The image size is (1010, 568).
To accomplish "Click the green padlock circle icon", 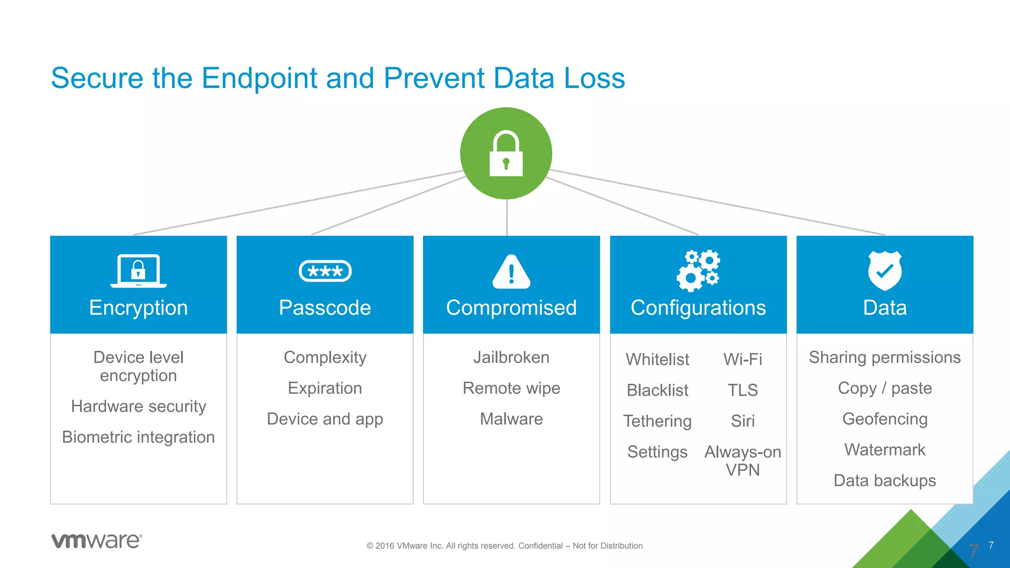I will coord(506,153).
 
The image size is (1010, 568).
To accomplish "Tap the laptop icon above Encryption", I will coord(139,271).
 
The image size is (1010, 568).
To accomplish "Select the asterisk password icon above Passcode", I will coord(325,271).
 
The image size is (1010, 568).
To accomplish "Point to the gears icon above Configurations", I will coord(698,271).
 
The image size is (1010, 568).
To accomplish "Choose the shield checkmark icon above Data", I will coord(885,271).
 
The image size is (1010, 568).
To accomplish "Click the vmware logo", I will coord(97,541).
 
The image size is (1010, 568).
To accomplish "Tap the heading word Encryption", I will coord(139,308).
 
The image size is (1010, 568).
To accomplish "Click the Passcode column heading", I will coord(325,308).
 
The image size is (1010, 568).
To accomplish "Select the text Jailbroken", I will coord(511,357).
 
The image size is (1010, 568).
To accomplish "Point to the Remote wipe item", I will coord(511,388).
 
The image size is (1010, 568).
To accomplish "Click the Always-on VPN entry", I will coord(743,461).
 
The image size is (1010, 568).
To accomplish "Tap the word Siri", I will coord(743,421).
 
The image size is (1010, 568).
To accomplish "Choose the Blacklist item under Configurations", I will coord(657,390).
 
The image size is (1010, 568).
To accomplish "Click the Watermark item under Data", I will coord(885,450).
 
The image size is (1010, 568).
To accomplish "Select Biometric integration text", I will coord(139,437).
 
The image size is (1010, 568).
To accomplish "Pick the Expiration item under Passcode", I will coord(325,388).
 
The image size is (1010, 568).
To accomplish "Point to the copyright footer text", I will coord(505,546).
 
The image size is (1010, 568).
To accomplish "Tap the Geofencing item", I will coord(885,419).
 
